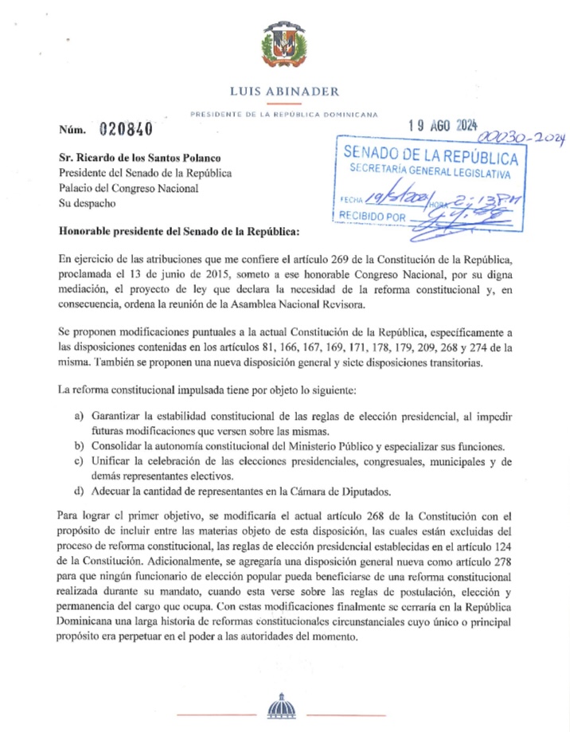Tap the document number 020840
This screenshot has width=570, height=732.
point(126,129)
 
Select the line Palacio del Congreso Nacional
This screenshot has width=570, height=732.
point(127,188)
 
